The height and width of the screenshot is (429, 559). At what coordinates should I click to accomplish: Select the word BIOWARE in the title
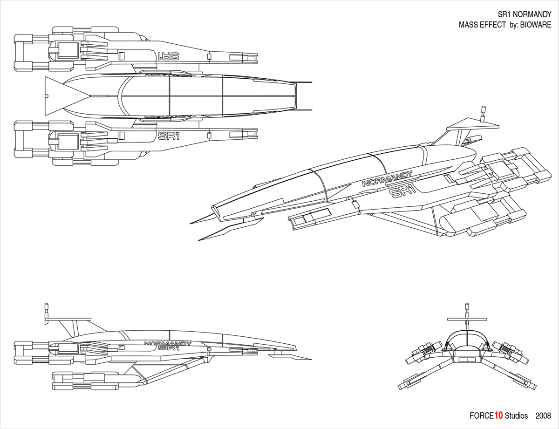click(x=535, y=25)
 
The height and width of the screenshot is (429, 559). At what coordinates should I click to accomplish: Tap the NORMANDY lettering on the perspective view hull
click(x=387, y=179)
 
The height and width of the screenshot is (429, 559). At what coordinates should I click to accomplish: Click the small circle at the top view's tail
click(x=46, y=96)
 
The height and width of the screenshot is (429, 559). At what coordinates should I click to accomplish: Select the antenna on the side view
click(x=46, y=311)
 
